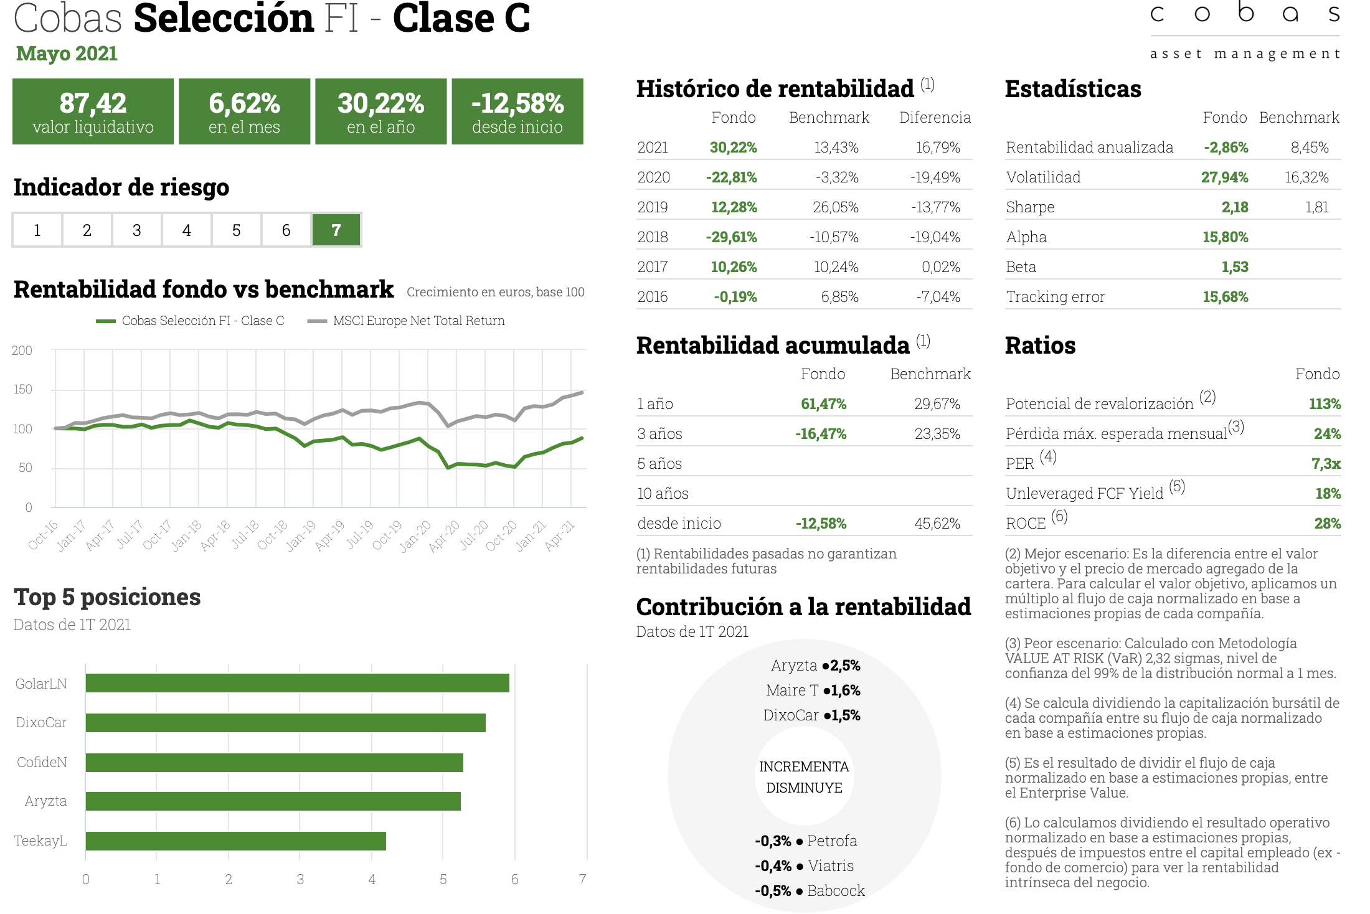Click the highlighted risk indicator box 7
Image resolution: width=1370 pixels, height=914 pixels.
[x=336, y=230]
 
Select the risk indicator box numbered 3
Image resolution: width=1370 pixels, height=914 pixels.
[x=137, y=230]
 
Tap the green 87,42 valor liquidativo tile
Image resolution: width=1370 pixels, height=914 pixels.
[x=93, y=111]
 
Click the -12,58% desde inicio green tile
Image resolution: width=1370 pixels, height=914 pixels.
[x=517, y=111]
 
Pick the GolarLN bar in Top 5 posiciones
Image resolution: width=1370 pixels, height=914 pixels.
[x=298, y=683]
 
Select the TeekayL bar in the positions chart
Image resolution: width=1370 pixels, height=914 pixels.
[x=236, y=841]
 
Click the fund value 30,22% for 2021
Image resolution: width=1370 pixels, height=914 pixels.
[x=734, y=148]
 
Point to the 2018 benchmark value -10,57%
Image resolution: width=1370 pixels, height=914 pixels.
[x=834, y=237]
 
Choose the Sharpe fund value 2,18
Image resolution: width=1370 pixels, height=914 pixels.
[x=1235, y=207]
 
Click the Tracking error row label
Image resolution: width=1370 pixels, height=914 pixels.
[x=1056, y=297]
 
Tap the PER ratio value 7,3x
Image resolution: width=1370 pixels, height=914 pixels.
[x=1326, y=464]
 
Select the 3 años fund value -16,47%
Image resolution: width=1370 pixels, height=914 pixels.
[x=821, y=434]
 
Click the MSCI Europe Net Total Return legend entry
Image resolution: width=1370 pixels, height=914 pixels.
[x=407, y=321]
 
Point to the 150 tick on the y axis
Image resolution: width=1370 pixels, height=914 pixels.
[x=22, y=389]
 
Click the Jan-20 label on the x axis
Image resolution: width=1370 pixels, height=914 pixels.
[x=415, y=535]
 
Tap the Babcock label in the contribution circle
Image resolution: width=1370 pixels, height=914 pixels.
[x=836, y=891]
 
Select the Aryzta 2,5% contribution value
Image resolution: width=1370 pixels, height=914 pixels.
[x=845, y=666]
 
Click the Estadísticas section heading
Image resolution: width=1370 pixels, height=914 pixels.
[x=1073, y=89]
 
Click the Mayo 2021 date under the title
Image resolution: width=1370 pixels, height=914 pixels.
[x=67, y=54]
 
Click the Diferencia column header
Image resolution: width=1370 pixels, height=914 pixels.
[x=935, y=118]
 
